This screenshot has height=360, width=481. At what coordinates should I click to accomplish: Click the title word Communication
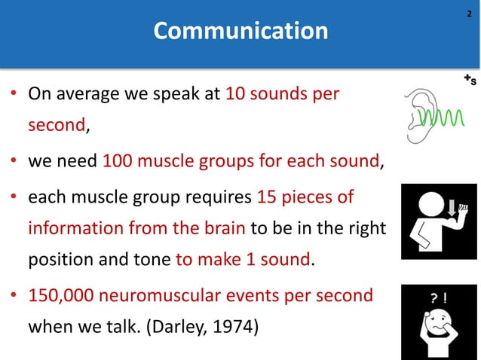tap(240, 32)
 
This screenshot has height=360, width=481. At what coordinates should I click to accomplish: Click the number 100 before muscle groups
tap(116, 160)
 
